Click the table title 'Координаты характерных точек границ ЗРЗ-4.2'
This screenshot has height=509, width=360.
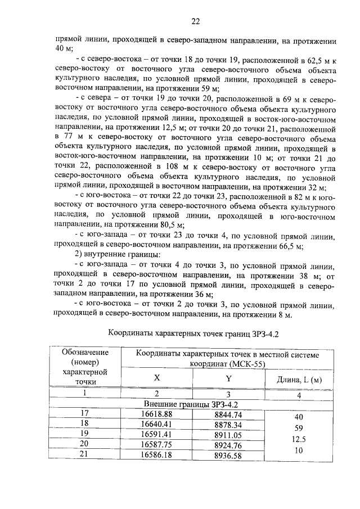tap(193, 333)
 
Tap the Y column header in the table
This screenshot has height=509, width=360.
tap(228, 379)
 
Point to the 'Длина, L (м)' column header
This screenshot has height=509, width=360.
tap(299, 380)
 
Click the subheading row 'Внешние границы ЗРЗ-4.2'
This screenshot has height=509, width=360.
tap(192, 404)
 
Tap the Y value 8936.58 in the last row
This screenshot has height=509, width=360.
tap(228, 454)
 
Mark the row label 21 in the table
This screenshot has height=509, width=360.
tap(85, 453)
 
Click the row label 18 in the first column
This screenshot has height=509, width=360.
tap(85, 424)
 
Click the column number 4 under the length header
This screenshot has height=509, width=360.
tap(299, 394)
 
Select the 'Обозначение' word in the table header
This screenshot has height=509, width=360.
tap(85, 353)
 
